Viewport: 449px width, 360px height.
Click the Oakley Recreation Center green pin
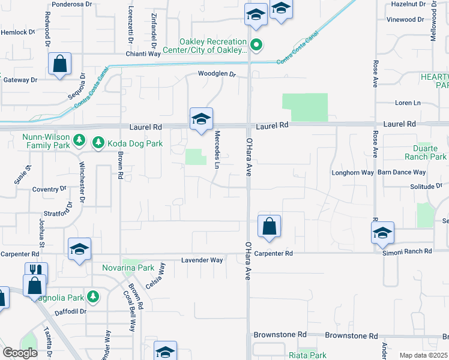pyautogui.click(x=256, y=44)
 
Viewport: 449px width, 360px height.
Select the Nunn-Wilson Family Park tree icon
pyautogui.click(x=79, y=140)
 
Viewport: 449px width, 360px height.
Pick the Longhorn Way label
pyautogui.click(x=353, y=173)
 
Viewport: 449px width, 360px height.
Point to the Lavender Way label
pyautogui.click(x=202, y=260)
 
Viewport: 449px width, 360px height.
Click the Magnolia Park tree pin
pyautogui.click(x=92, y=296)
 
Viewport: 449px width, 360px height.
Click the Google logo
pyautogui.click(x=20, y=353)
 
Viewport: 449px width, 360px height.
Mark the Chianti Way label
pyautogui.click(x=143, y=54)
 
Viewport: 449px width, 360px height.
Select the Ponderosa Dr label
pyautogui.click(x=71, y=4)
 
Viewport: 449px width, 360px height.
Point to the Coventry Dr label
pyautogui.click(x=49, y=189)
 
